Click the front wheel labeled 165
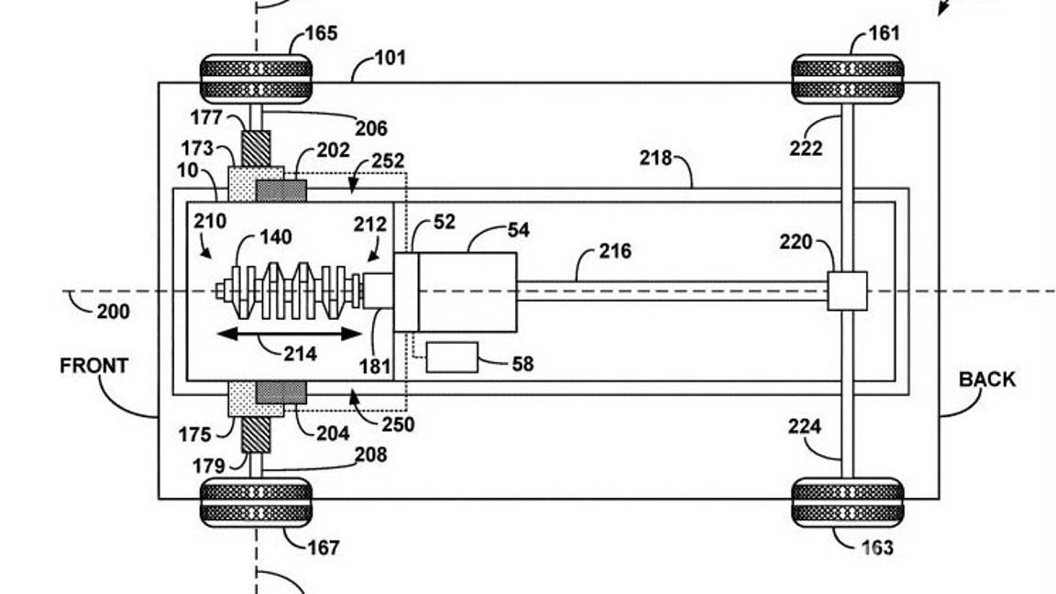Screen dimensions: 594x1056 pos(256,78)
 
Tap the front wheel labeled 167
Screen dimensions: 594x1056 pos(256,501)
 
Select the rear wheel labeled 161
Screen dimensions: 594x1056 pos(847,78)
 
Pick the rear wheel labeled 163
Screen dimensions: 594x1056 pos(847,501)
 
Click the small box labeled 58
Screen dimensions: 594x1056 pos(452,357)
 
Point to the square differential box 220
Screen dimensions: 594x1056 pos(847,291)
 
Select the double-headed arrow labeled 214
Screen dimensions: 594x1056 pos(289,334)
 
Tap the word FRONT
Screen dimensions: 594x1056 pos(93,366)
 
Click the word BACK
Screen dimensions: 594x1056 pos(986,379)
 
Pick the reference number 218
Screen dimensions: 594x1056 pos(656,159)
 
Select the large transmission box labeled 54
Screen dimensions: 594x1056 pos(467,291)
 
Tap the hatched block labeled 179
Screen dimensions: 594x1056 pos(257,434)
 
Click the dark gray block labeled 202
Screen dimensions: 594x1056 pos(280,191)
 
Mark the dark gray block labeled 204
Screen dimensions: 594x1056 pos(280,392)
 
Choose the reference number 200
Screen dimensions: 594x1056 pos(113,312)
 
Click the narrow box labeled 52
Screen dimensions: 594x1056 pos(406,291)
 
